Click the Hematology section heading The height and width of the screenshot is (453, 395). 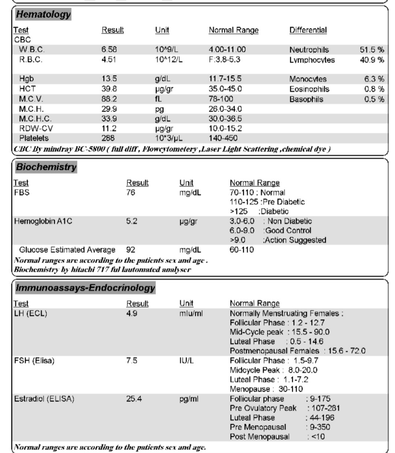43,15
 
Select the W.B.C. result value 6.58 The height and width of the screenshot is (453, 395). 109,49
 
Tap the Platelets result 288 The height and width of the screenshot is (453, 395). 108,138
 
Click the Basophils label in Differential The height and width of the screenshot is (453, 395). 306,99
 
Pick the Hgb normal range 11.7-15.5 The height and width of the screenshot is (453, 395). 225,79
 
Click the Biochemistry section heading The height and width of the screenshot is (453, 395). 46,167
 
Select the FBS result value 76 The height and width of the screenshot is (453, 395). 131,193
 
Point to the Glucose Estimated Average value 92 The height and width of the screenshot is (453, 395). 131,250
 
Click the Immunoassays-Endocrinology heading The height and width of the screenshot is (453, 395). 85,288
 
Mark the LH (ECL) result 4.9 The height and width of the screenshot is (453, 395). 132,313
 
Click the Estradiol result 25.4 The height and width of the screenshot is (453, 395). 134,399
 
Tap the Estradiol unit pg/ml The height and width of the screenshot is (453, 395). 189,399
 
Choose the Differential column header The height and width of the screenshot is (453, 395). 308,30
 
